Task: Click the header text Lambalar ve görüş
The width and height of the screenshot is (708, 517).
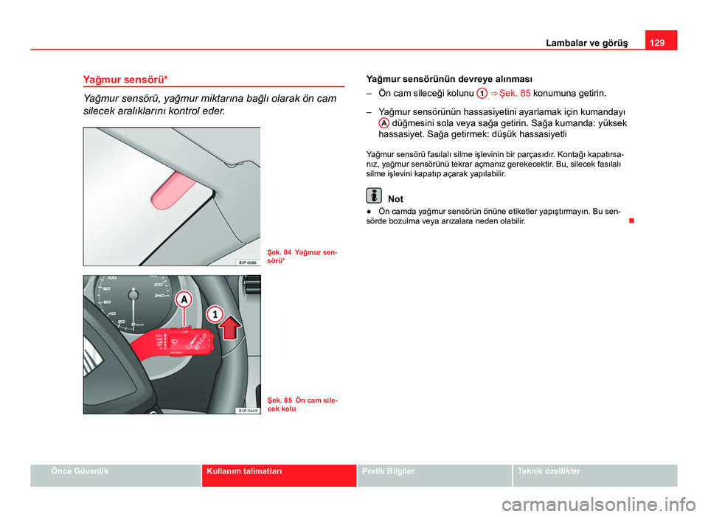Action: tap(593, 43)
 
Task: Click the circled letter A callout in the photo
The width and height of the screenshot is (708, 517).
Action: tap(184, 299)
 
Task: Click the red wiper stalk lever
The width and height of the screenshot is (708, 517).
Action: tap(177, 343)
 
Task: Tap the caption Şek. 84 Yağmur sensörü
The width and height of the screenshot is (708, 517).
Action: tap(302, 257)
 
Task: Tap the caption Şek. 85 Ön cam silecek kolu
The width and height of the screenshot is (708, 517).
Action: tap(302, 404)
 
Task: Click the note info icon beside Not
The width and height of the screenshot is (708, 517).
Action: tap(374, 197)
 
